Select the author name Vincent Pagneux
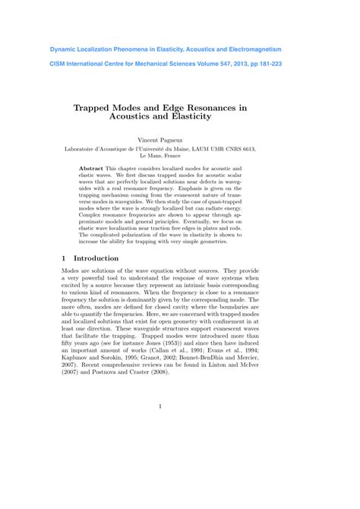click(x=180, y=141)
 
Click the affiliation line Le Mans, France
click(x=180, y=158)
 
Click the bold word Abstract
click(x=93, y=167)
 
